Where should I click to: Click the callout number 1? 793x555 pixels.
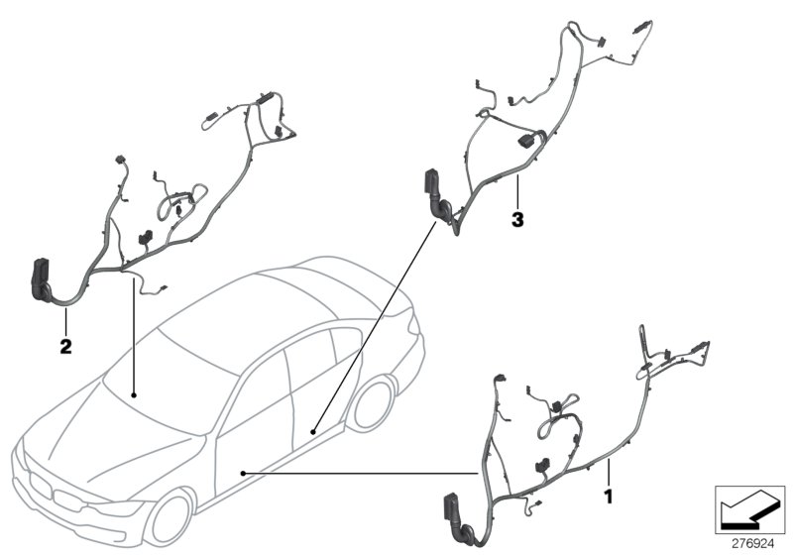[x=608, y=492]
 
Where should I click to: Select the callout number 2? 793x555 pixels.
[x=64, y=347]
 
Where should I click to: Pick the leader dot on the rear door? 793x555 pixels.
[x=312, y=432]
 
